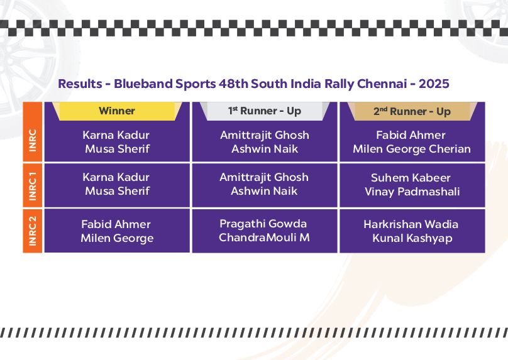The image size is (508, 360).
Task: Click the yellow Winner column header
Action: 117,111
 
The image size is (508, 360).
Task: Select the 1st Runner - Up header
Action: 264,111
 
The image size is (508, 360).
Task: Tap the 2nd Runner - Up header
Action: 412,111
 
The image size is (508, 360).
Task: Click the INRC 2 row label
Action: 33,231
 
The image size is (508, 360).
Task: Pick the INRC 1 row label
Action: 33,185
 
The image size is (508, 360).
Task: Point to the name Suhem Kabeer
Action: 411,178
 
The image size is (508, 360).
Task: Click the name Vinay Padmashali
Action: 412,192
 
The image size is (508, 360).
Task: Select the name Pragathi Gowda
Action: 263,224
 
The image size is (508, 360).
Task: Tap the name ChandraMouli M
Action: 264,237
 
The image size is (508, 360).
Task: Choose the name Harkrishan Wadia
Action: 411,224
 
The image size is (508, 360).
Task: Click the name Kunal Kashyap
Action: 412,238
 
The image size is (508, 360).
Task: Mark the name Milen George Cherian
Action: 412,149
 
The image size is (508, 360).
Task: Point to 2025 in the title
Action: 434,84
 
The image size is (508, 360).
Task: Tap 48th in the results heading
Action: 233,84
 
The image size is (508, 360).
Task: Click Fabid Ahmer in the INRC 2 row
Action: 116,224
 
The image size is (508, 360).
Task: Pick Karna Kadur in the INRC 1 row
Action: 116,177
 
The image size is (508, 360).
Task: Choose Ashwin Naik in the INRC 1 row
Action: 264,191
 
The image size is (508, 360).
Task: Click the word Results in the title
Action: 80,84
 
